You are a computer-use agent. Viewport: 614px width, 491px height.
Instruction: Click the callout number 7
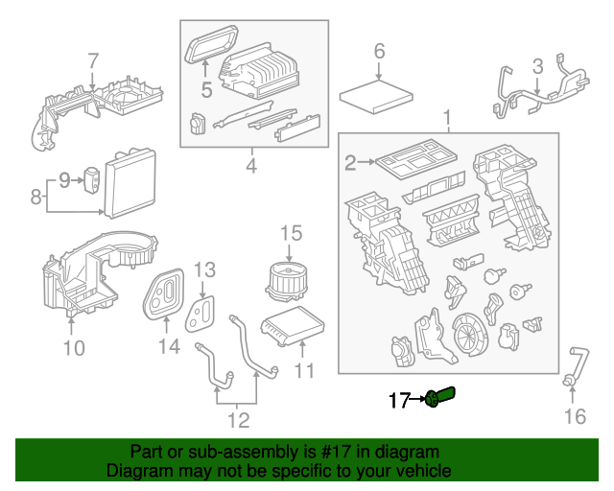93,61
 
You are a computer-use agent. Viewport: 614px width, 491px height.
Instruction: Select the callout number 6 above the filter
379,50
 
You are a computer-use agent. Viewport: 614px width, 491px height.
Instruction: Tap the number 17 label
399,399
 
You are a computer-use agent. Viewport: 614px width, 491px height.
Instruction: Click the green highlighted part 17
441,396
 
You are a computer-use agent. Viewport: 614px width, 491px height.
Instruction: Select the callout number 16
574,415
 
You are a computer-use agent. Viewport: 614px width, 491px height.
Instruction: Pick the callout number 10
74,346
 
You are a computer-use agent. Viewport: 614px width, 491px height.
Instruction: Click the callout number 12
237,419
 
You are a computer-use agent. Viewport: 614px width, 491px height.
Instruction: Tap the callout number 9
65,178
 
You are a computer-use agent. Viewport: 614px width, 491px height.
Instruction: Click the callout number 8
35,199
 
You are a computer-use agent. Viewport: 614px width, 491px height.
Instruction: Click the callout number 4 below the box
252,167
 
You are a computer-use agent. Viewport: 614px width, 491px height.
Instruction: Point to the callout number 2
351,163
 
